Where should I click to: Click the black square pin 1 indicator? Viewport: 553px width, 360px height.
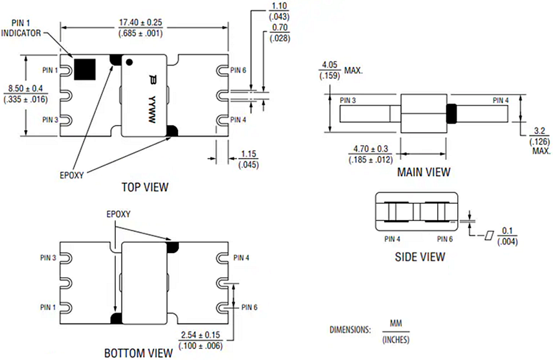pyautogui.click(x=85, y=69)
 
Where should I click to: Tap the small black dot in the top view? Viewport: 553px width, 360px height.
pyautogui.click(x=130, y=62)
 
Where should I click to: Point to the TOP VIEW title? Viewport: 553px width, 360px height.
pyautogui.click(x=145, y=187)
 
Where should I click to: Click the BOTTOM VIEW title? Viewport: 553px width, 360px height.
pyautogui.click(x=139, y=353)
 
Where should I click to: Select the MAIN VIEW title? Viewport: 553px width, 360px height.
pyautogui.click(x=423, y=172)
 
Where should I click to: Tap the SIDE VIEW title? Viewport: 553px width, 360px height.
pyautogui.click(x=420, y=256)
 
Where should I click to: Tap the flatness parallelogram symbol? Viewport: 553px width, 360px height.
pyautogui.click(x=489, y=236)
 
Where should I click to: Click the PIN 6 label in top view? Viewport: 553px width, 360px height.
pyautogui.click(x=238, y=70)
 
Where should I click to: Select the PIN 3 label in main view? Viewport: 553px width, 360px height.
pyautogui.click(x=348, y=100)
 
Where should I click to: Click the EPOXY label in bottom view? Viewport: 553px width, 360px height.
pyautogui.click(x=119, y=214)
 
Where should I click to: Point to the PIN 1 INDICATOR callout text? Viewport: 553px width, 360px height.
pyautogui.click(x=21, y=28)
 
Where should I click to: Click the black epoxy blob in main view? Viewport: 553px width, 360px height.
pyautogui.click(x=451, y=113)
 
